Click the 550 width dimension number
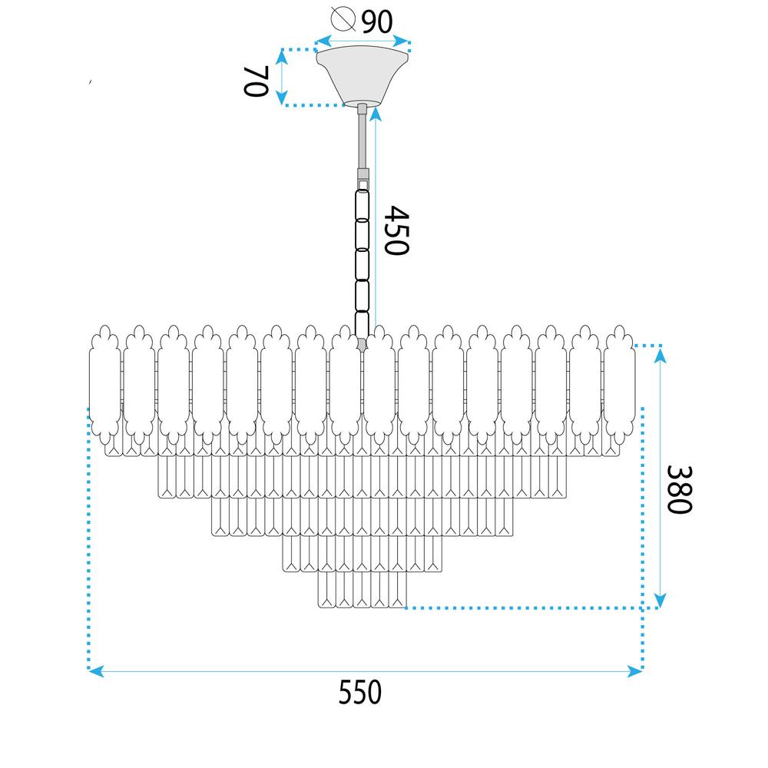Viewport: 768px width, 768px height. click(x=360, y=693)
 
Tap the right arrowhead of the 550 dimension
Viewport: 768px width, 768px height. click(x=636, y=671)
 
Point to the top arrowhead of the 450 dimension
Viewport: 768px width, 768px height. click(x=376, y=113)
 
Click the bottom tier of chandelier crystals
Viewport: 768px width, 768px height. click(x=362, y=591)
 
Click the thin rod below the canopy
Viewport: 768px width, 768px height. click(x=362, y=138)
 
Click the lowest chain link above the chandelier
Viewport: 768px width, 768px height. click(x=361, y=322)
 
